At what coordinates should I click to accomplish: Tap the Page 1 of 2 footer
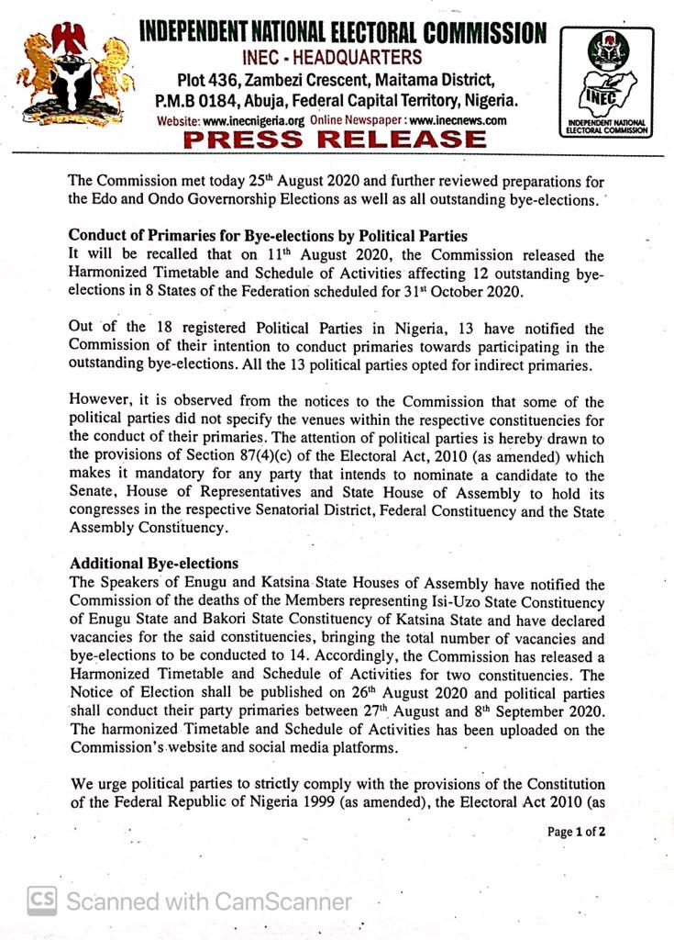point(577,832)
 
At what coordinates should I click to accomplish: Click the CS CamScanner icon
point(40,901)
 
